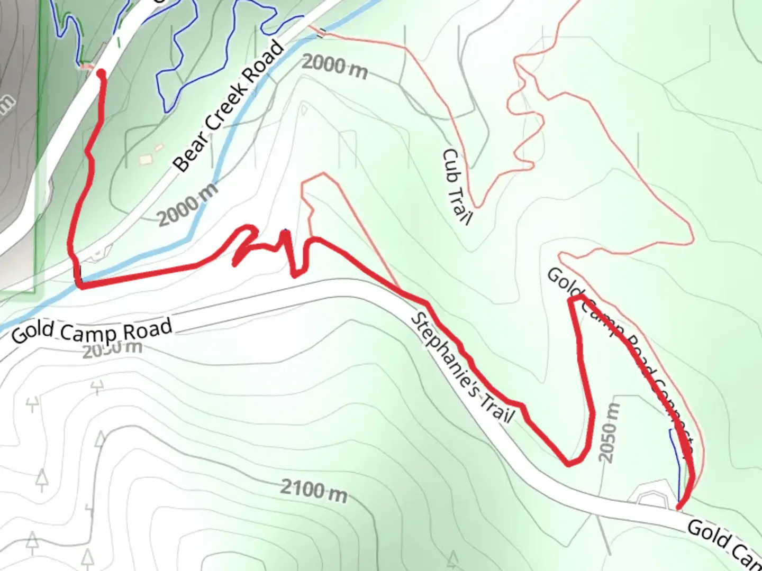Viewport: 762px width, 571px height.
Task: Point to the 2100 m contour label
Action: tap(313, 490)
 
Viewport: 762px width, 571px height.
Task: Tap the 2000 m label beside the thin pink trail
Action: tap(335, 67)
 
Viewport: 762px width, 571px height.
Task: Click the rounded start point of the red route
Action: tap(101, 75)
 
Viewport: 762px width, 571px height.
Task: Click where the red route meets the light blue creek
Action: tap(79, 285)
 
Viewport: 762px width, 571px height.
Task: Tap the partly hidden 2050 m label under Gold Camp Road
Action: tap(112, 349)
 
